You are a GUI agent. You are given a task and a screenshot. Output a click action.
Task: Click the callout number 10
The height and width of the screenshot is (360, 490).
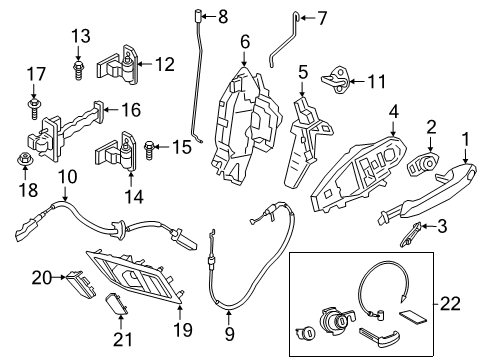67,178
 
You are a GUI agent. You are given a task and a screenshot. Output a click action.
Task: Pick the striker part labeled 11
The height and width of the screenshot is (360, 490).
335,77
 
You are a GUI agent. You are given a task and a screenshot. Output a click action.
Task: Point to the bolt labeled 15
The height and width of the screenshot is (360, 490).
151,148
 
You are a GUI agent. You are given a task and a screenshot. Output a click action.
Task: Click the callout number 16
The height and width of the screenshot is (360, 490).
132,111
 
